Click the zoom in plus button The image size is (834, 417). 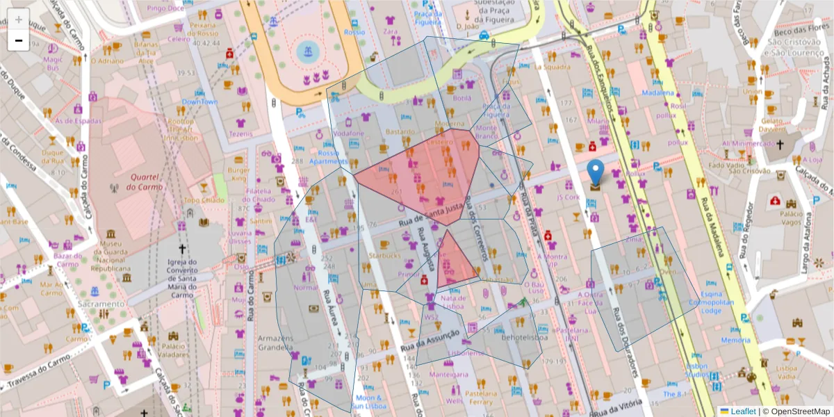(19, 19)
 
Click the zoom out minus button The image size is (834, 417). (19, 40)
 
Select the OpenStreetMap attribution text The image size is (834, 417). (796, 411)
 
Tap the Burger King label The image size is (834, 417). (238, 174)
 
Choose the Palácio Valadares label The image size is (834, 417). (174, 350)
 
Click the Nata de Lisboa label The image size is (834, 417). (453, 302)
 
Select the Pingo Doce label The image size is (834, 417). (166, 8)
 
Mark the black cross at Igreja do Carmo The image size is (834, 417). (183, 248)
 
